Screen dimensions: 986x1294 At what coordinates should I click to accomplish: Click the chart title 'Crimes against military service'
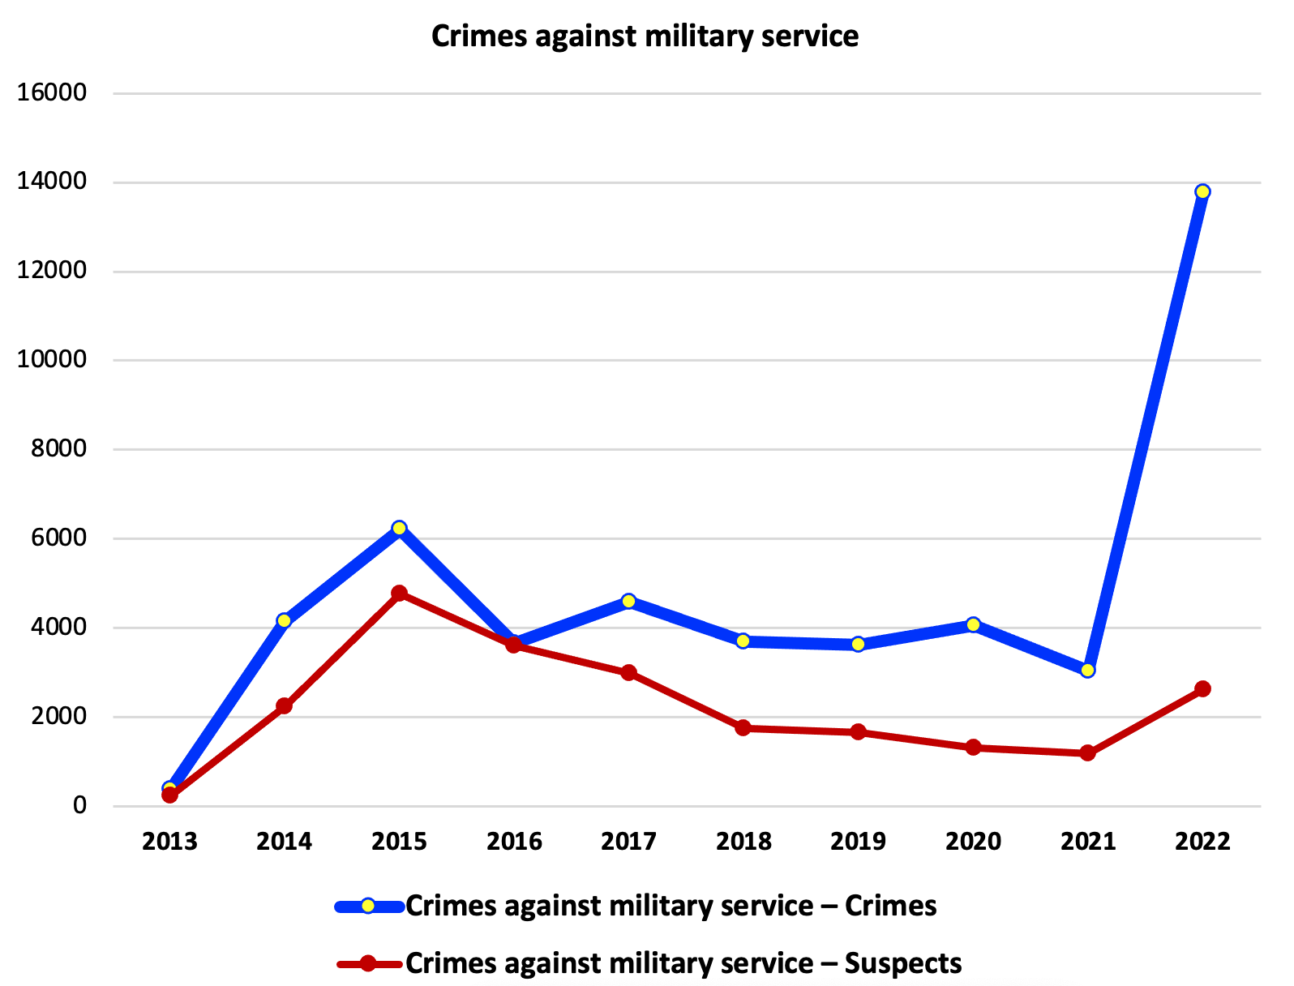(x=645, y=36)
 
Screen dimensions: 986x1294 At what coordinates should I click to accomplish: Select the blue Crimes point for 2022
(x=1202, y=191)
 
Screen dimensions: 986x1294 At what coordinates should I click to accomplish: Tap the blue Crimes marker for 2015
(x=399, y=528)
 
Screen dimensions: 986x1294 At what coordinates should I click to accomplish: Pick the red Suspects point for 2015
(x=399, y=593)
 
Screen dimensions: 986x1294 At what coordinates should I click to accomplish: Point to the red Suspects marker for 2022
(x=1202, y=688)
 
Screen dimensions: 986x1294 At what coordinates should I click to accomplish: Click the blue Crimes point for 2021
(x=1087, y=671)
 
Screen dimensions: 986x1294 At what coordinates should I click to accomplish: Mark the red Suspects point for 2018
(x=743, y=727)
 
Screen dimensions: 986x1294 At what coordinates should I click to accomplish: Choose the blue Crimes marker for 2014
(x=284, y=620)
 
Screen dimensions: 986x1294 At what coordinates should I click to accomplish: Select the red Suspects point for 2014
(x=284, y=705)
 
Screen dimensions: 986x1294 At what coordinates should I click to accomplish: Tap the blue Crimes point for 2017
(x=628, y=601)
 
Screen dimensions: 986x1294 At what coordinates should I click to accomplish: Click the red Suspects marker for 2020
(x=973, y=747)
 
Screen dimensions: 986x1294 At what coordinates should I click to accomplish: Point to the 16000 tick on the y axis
(x=52, y=92)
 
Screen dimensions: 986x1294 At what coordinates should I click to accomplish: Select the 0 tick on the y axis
(x=79, y=805)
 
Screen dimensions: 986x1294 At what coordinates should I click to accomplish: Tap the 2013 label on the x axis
(x=169, y=842)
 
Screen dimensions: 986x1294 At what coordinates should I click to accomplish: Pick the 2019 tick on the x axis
(x=858, y=842)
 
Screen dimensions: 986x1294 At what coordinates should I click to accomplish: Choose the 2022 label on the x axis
(x=1202, y=842)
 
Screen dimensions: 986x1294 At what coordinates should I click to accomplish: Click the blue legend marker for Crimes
(x=367, y=906)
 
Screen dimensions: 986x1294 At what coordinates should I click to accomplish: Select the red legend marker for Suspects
(x=367, y=963)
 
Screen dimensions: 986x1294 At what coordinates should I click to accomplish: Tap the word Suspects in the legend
(x=902, y=963)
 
